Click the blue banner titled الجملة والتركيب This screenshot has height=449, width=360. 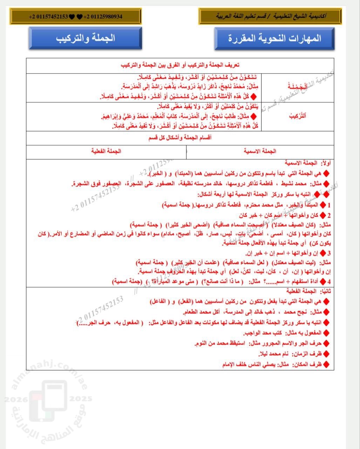[x=85, y=38]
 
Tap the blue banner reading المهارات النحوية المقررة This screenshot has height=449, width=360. [x=274, y=38]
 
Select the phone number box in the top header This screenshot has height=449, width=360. [x=76, y=16]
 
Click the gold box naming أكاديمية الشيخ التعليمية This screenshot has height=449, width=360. [x=270, y=16]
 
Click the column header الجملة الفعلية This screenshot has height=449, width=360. [x=106, y=151]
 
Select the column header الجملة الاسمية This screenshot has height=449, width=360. [x=260, y=151]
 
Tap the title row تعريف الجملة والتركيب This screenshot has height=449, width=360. [x=180, y=65]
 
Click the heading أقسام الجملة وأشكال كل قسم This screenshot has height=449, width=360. [x=180, y=138]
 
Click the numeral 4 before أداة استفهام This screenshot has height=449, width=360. [x=330, y=281]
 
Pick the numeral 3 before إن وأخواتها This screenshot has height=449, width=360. [x=330, y=253]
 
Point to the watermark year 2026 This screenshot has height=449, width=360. [x=14, y=399]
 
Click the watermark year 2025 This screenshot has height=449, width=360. [x=81, y=399]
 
